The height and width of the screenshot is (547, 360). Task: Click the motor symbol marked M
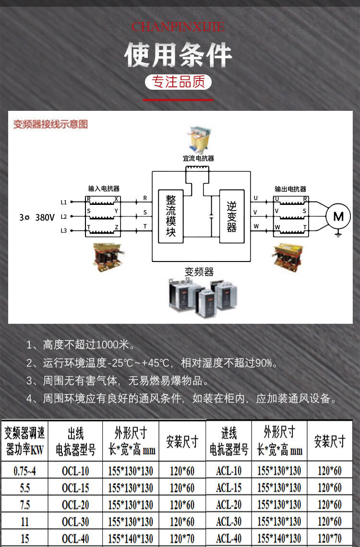tap(338, 216)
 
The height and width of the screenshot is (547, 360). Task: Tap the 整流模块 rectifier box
tap(171, 216)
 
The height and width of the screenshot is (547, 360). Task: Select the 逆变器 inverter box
tap(232, 216)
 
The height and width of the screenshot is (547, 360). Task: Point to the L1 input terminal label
tap(64, 202)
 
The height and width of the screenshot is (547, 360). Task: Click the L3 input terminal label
tap(64, 231)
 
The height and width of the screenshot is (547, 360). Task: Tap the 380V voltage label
tap(45, 217)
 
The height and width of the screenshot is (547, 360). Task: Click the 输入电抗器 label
tap(104, 189)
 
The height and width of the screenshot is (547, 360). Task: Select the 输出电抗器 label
tap(290, 189)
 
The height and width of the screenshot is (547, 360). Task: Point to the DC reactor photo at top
tap(198, 139)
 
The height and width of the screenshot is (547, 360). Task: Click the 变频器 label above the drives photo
tap(199, 272)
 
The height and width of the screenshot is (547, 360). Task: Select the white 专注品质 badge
tap(179, 82)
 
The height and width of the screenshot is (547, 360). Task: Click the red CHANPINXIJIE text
tap(178, 27)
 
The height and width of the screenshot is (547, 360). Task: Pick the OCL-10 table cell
tap(75, 471)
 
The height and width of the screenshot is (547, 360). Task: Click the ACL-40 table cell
tap(229, 538)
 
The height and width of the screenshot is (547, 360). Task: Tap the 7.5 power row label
tap(24, 505)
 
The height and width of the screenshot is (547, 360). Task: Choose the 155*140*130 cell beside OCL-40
tap(131, 538)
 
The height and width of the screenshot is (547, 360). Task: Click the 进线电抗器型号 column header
tap(229, 441)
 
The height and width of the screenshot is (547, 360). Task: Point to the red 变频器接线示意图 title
tap(50, 125)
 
